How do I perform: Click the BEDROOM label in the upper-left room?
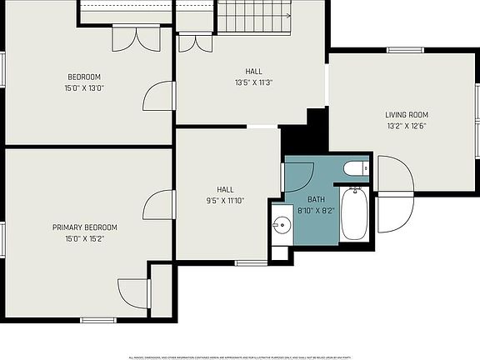click(x=85, y=77)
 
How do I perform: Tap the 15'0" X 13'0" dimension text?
click(x=85, y=87)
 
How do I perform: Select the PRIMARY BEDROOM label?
click(x=85, y=227)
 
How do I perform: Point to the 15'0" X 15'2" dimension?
click(x=85, y=238)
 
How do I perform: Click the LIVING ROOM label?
click(x=406, y=115)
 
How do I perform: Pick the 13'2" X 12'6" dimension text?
click(x=406, y=127)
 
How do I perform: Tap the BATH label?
click(x=316, y=200)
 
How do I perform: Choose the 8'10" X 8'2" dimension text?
click(x=316, y=212)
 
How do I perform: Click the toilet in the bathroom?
click(x=356, y=169)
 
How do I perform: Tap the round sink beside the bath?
click(x=279, y=225)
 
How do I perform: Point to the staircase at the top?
click(x=254, y=15)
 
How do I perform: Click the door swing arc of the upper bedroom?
click(x=157, y=97)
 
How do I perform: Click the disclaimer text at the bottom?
click(x=239, y=357)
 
